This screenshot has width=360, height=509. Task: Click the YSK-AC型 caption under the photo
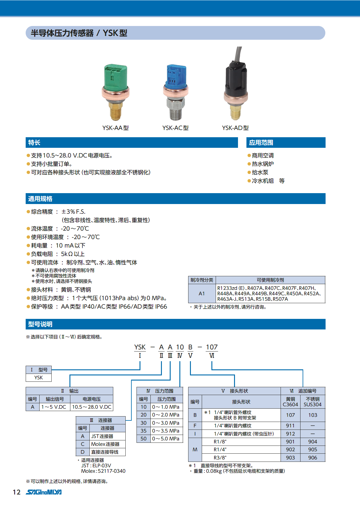[175, 128]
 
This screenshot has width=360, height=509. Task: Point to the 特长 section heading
[34, 143]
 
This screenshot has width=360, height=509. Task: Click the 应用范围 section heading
[261, 143]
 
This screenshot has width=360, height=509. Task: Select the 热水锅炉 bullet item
[262, 164]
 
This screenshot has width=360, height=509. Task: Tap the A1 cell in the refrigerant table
[202, 293]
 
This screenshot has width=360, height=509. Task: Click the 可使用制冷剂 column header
[270, 280]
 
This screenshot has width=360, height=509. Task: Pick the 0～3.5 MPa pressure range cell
[166, 431]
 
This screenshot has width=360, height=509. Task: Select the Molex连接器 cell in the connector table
[105, 444]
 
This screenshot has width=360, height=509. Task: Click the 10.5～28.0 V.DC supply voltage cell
[92, 407]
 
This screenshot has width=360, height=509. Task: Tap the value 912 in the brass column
[290, 434]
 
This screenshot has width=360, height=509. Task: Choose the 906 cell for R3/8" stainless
[313, 458]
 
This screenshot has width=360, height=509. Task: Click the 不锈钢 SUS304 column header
[313, 402]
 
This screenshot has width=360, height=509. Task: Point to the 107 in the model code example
[212, 347]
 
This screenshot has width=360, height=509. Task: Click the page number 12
[17, 492]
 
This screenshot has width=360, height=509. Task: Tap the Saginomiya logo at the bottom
[44, 492]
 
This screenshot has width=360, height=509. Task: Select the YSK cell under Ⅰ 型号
[39, 378]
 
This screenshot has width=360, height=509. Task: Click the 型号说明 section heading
[40, 324]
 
